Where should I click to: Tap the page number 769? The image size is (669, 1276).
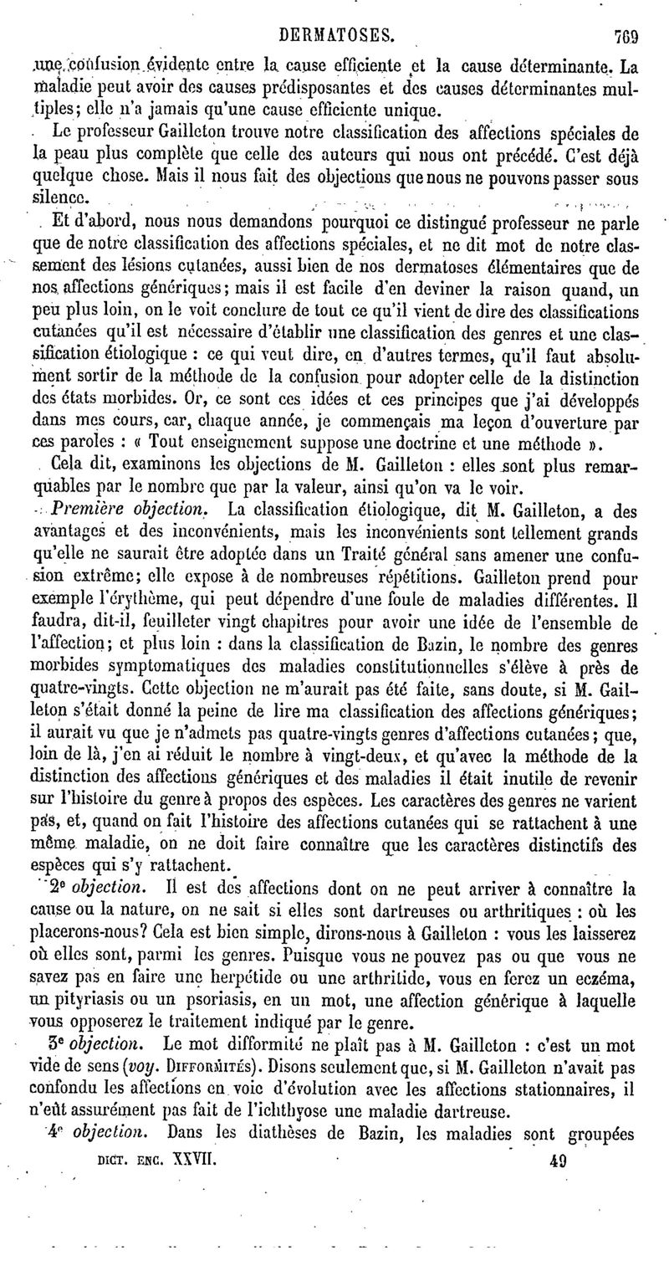pos(625,13)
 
